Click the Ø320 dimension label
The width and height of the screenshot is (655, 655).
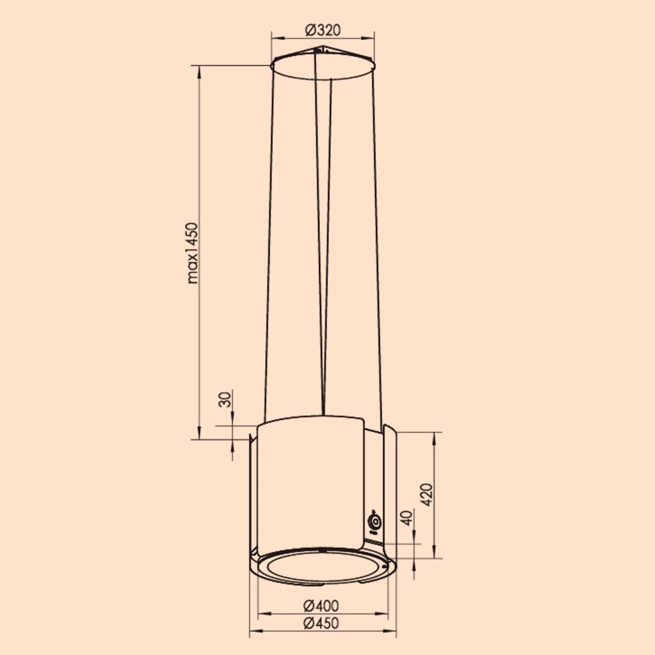[323, 30]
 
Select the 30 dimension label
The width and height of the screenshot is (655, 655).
[224, 399]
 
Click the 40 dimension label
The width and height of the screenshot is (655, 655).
[407, 518]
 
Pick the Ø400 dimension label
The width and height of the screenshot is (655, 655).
[321, 606]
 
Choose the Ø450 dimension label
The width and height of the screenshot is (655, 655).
[321, 623]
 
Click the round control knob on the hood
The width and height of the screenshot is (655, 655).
[375, 522]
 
